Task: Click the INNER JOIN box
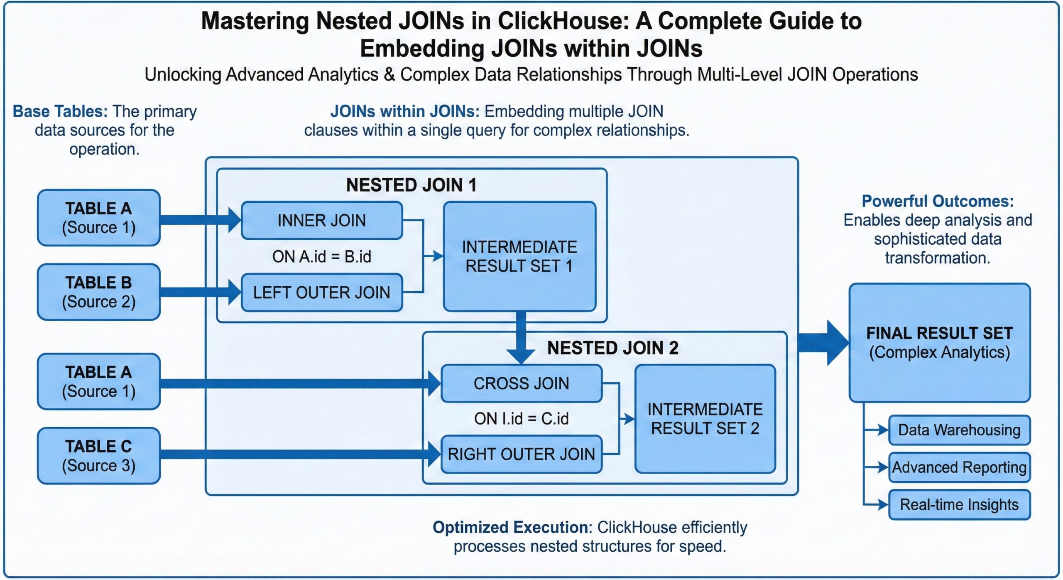click(x=322, y=220)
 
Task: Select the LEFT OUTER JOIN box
click(x=322, y=292)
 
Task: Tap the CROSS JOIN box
click(x=521, y=383)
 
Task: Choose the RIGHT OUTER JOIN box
click(x=521, y=454)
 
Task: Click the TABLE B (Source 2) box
click(x=99, y=292)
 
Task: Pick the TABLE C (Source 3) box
click(x=99, y=456)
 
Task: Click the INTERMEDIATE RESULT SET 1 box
click(x=519, y=256)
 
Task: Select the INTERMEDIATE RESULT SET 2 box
click(x=705, y=419)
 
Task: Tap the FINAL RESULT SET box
click(x=940, y=343)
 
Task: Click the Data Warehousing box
click(x=959, y=430)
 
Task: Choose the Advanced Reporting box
click(x=959, y=467)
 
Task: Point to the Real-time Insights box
click(x=959, y=505)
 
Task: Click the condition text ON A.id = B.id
click(x=322, y=257)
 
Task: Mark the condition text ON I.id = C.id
click(x=521, y=419)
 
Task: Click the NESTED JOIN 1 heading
click(x=411, y=185)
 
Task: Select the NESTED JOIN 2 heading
click(x=613, y=348)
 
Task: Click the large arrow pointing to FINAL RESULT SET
click(x=824, y=343)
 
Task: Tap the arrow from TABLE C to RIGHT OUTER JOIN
click(x=299, y=454)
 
